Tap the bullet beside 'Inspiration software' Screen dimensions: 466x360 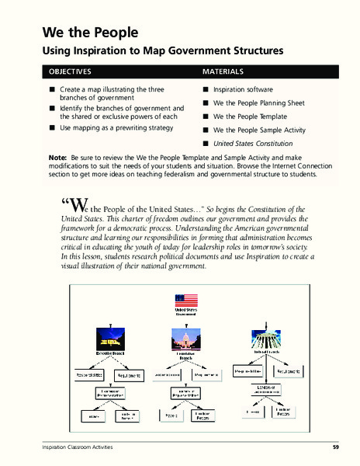(206, 90)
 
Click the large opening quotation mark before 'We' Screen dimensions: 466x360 (64, 205)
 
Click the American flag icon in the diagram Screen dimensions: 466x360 (185, 302)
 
